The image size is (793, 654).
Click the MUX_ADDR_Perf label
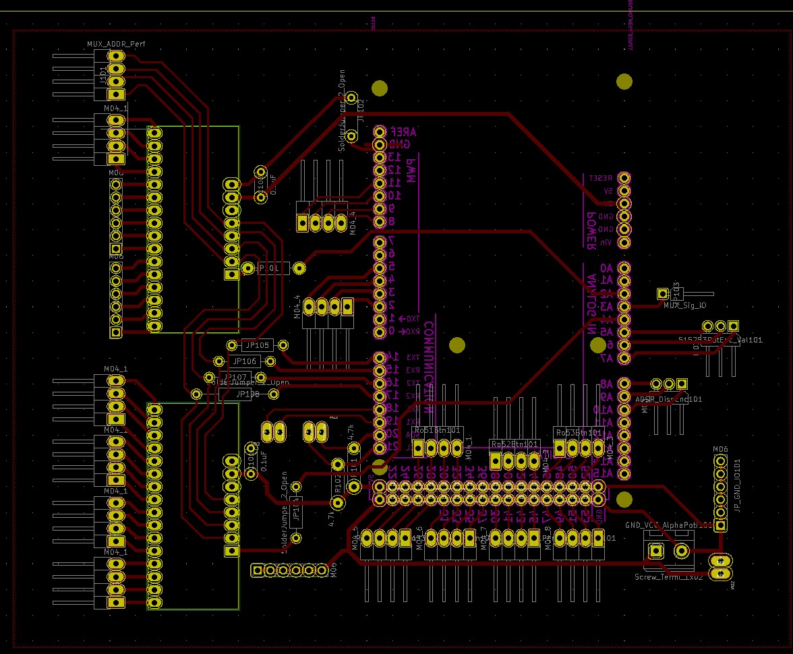tap(116, 44)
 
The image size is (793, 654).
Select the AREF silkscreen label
tap(404, 133)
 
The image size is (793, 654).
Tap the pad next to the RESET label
tap(624, 178)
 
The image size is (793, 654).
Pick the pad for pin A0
tap(624, 268)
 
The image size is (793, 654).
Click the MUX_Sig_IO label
tap(684, 305)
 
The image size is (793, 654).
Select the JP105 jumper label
tap(256, 345)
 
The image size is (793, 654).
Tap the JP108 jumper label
tap(247, 394)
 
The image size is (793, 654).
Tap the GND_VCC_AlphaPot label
tap(668, 524)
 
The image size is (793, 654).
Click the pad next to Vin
tap(624, 242)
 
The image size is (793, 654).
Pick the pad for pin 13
tap(380, 157)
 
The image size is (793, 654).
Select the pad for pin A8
tap(624, 384)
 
